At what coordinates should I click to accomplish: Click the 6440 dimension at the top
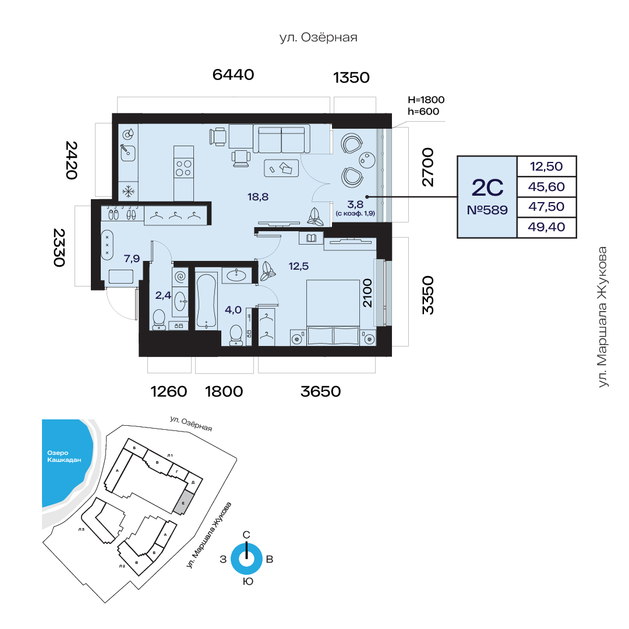coord(233,75)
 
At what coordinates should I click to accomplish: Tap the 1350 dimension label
coord(351,77)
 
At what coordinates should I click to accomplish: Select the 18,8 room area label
coord(258,197)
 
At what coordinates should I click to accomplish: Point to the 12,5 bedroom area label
coord(298,266)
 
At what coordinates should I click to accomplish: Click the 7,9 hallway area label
coord(132,259)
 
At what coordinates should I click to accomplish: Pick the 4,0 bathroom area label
coord(233,310)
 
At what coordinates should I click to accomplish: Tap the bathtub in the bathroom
coord(207,301)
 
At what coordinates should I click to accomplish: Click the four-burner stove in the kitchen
coord(183,168)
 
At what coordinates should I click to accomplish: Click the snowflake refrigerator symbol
coord(128,192)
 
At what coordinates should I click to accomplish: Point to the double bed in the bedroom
coord(333,313)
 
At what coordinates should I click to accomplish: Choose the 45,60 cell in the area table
coord(546,186)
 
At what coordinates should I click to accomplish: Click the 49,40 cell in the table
coord(546,227)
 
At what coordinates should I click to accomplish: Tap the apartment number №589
coord(487,210)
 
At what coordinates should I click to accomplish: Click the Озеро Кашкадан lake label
coord(64,457)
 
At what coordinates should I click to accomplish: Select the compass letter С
coord(246,535)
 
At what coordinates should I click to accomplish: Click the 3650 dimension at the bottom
coord(320,391)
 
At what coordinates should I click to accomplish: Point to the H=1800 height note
coord(426,100)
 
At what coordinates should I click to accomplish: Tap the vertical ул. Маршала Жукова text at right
coord(603,317)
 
